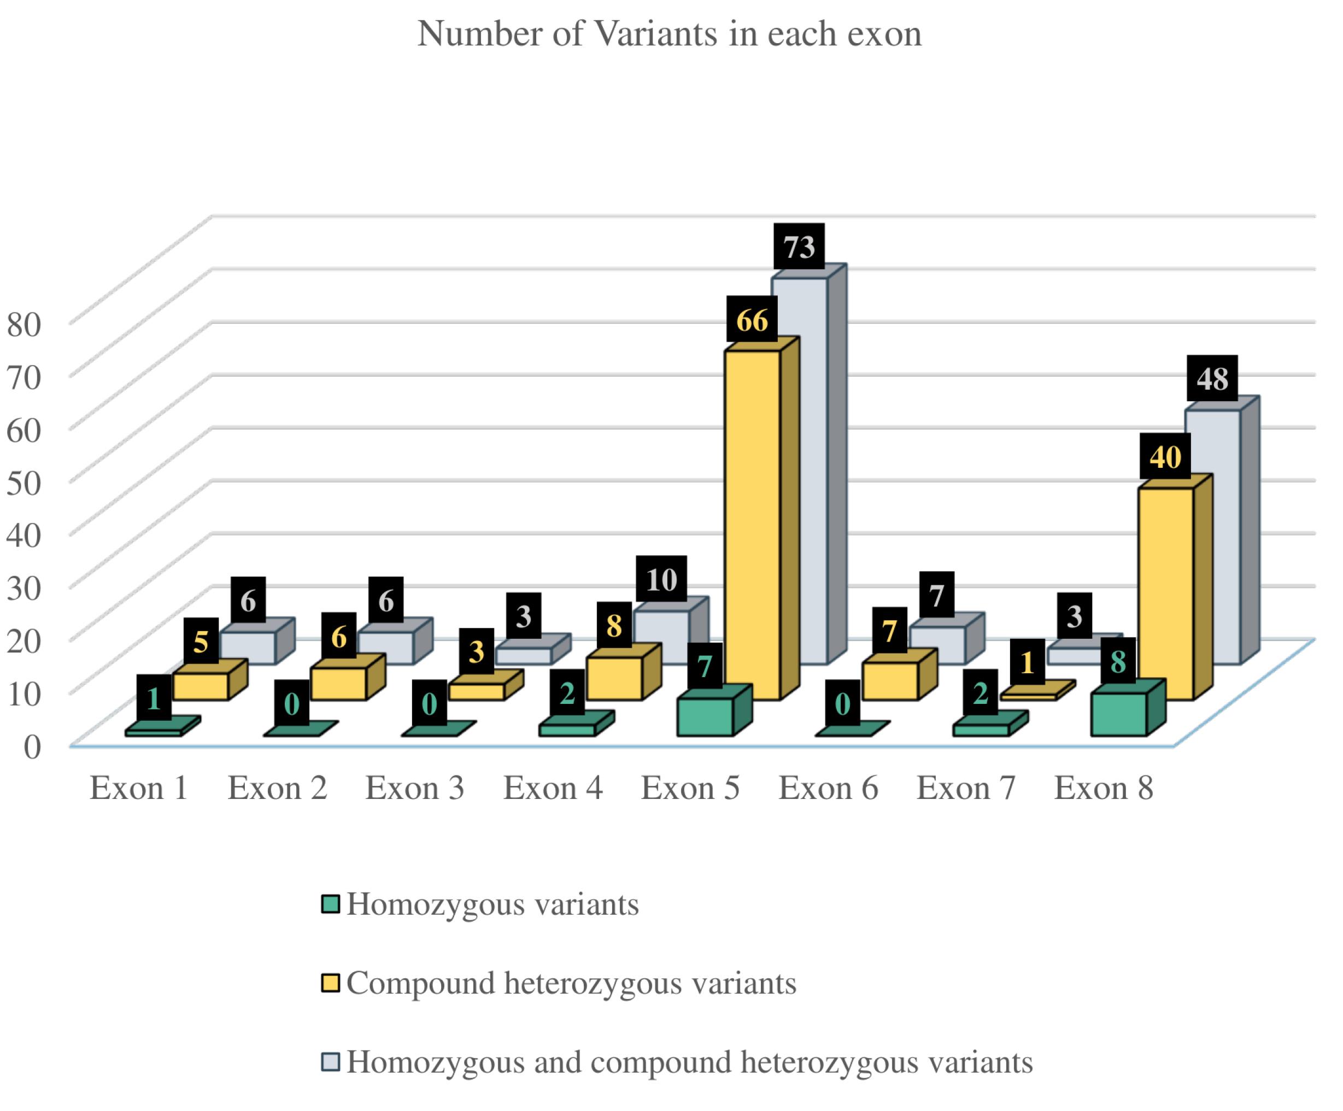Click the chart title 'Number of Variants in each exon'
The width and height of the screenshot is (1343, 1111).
click(x=670, y=33)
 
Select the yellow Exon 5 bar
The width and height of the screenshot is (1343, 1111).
click(x=752, y=524)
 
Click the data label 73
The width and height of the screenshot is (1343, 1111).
click(x=799, y=247)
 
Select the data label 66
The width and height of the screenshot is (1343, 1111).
click(x=752, y=320)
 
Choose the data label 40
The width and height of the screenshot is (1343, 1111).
click(x=1165, y=456)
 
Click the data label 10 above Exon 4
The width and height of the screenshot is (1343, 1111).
click(x=661, y=579)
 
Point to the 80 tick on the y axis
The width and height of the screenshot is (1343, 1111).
click(x=24, y=324)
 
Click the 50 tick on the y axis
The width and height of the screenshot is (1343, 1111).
click(x=24, y=482)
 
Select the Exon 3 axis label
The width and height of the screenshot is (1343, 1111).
click(x=414, y=787)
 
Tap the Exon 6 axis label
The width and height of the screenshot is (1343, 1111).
click(x=828, y=787)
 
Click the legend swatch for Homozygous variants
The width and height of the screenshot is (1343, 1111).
click(x=331, y=904)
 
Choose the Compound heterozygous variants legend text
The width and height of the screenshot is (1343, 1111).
click(x=571, y=983)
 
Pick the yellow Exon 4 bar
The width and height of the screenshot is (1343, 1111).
click(x=614, y=678)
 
